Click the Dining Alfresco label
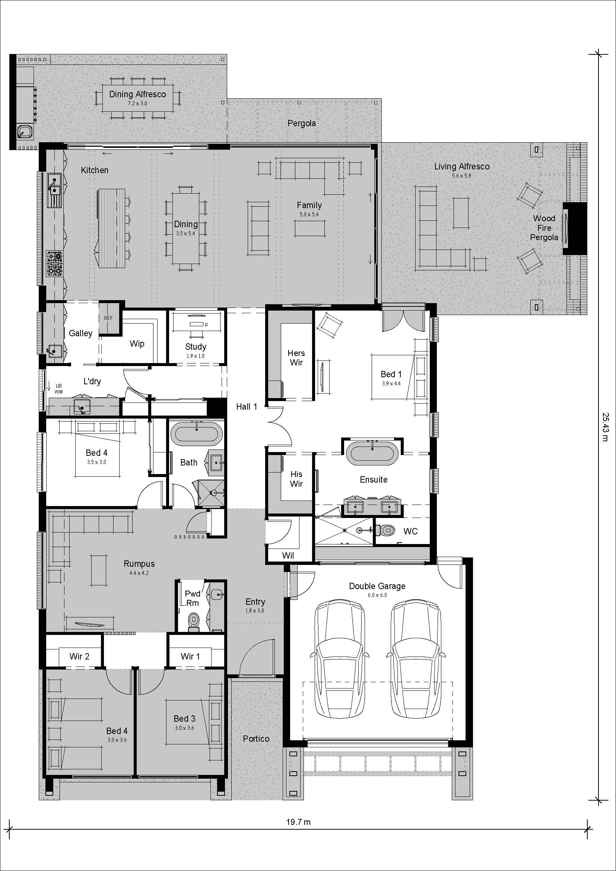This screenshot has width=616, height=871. tap(137, 95)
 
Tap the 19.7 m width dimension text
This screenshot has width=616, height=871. tap(298, 822)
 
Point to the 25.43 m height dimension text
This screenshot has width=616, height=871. tap(604, 427)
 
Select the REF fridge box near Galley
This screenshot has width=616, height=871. tap(108, 318)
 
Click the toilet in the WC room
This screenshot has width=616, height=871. tap(387, 530)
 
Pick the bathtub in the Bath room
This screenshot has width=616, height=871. tap(197, 434)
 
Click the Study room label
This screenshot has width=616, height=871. tap(196, 346)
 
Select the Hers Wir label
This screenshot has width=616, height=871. tap(296, 358)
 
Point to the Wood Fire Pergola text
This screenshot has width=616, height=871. tap(544, 228)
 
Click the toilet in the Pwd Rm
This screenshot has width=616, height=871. tap(194, 620)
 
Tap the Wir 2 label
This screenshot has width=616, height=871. tap(79, 656)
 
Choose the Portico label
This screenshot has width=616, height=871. tap(256, 738)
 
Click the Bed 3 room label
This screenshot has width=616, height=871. tap(184, 718)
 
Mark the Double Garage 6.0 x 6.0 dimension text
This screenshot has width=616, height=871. tap(377, 595)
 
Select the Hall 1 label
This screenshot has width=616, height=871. tap(247, 407)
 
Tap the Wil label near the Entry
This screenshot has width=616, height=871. tap(288, 556)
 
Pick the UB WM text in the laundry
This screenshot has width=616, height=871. tap(58, 389)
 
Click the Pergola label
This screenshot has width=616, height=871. tap(302, 123)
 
